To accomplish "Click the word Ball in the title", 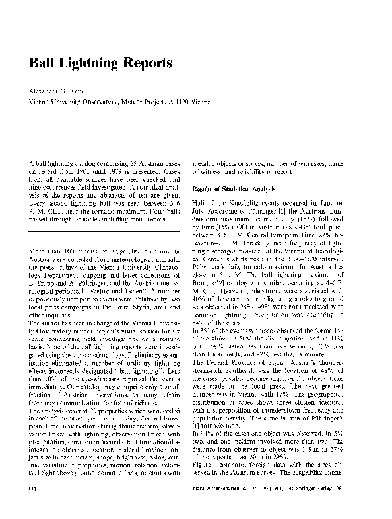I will click(41, 63).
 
